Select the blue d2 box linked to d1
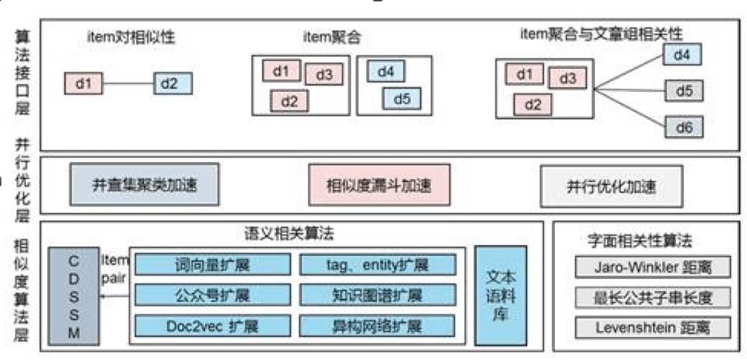tap(172, 83)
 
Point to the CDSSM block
tap(74, 295)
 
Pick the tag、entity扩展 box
tap(378, 265)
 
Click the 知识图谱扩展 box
tap(378, 295)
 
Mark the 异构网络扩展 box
tap(378, 325)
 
